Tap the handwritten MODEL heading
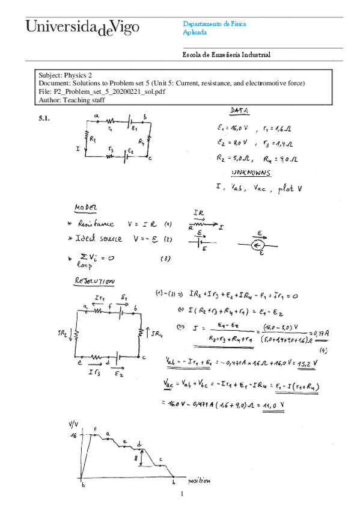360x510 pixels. pos(85,207)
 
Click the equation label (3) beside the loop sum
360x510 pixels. pos(165,259)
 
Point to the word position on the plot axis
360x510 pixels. pos(198,481)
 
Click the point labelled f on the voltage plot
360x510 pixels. pos(96,429)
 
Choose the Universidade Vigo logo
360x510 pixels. pos(82,27)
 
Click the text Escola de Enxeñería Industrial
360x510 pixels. pos(226,55)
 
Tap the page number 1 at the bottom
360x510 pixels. pos(181,495)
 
